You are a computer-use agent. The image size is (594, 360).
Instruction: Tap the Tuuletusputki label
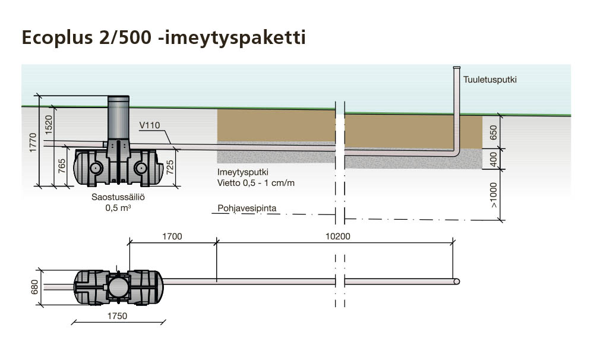[490, 80]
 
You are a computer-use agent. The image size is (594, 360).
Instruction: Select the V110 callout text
[150, 125]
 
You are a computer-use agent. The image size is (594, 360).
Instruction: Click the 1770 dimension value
[33, 143]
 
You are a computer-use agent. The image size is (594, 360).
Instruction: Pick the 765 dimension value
[62, 166]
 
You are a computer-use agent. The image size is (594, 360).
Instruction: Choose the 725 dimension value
[170, 167]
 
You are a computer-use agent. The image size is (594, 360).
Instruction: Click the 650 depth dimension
[493, 132]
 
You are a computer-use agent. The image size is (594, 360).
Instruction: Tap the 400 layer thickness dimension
[493, 159]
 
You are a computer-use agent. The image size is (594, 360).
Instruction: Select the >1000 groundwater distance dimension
[493, 195]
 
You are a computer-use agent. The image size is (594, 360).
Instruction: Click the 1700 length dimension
[172, 236]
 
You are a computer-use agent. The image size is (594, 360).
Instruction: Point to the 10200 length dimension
[338, 236]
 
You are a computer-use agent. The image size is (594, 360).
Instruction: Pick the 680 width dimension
[34, 287]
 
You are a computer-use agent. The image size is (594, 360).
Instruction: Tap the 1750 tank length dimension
[117, 316]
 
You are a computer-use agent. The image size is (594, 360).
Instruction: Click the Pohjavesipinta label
[247, 209]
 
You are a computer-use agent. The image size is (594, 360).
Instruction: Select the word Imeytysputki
[243, 172]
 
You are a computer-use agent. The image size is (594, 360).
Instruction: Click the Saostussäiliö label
[118, 197]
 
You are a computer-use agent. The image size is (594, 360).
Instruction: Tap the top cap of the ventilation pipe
[457, 68]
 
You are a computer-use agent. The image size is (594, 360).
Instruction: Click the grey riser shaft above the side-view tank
[119, 118]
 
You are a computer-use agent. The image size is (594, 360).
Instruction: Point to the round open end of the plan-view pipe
[457, 282]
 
